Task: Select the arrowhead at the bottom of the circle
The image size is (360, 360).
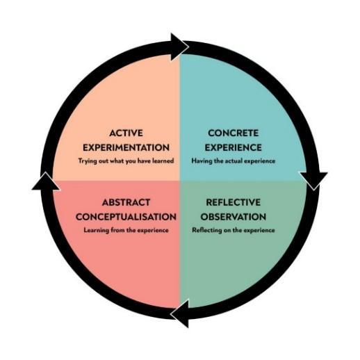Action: pyautogui.click(x=179, y=314)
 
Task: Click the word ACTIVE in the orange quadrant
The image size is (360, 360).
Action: pyautogui.click(x=126, y=132)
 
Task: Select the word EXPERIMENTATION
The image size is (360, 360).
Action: pyautogui.click(x=126, y=147)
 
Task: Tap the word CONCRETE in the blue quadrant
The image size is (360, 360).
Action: pyautogui.click(x=234, y=132)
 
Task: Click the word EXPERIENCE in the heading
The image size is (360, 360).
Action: pyautogui.click(x=234, y=147)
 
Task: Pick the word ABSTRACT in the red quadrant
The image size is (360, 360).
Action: pyautogui.click(x=126, y=202)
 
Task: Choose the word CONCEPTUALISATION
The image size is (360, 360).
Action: pyautogui.click(x=126, y=217)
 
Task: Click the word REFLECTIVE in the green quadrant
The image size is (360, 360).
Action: pyautogui.click(x=234, y=202)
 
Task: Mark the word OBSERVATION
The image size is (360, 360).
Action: pyautogui.click(x=234, y=217)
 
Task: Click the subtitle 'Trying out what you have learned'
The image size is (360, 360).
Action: pyautogui.click(x=126, y=161)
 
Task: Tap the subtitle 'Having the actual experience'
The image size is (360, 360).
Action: pyautogui.click(x=234, y=161)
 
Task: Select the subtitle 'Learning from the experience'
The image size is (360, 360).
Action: pyautogui.click(x=126, y=230)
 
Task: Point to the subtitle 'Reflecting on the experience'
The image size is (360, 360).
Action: pyautogui.click(x=234, y=230)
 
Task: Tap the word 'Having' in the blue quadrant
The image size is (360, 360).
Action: pyautogui.click(x=202, y=161)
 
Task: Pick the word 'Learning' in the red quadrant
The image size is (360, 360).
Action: pyautogui.click(x=96, y=230)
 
